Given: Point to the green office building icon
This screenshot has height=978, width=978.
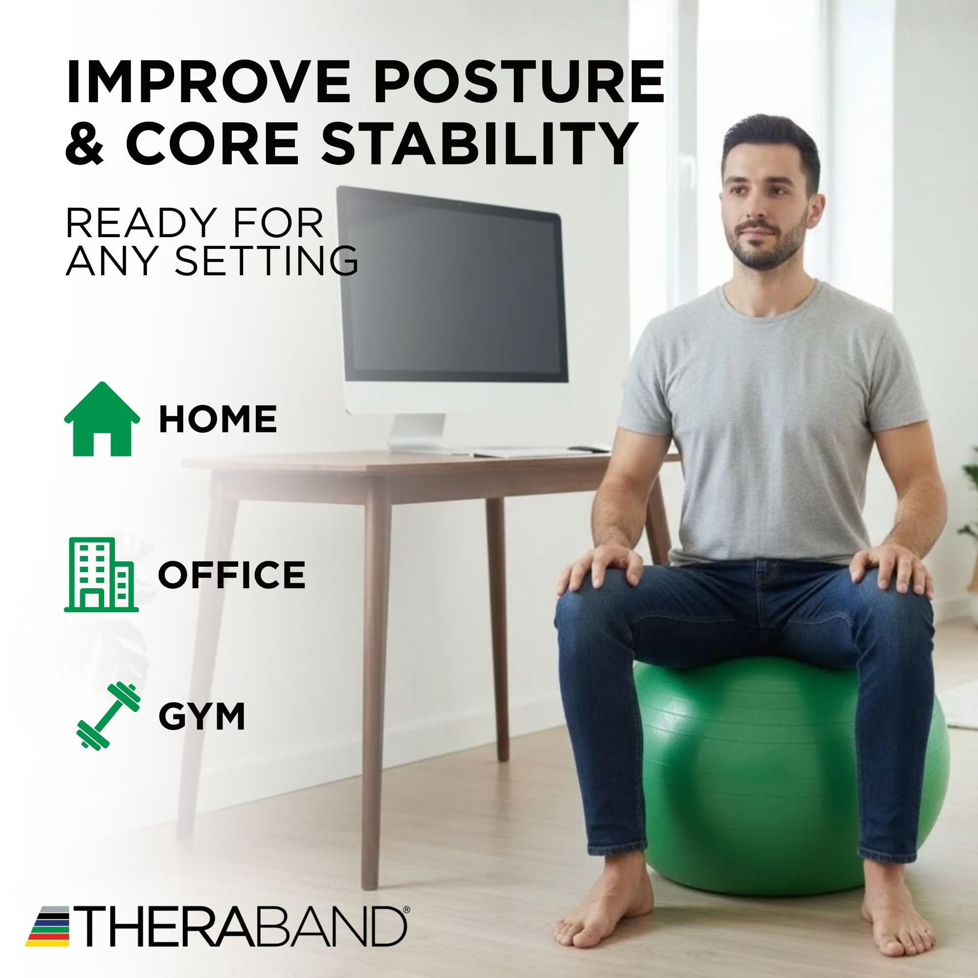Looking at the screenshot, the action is click(101, 575).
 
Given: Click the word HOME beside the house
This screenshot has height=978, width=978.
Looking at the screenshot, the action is click(218, 419).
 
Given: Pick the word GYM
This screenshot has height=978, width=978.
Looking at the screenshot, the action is click(202, 716).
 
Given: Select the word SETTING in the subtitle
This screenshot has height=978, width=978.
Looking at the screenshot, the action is click(269, 260).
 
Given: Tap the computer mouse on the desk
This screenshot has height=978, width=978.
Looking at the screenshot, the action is click(589, 447).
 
